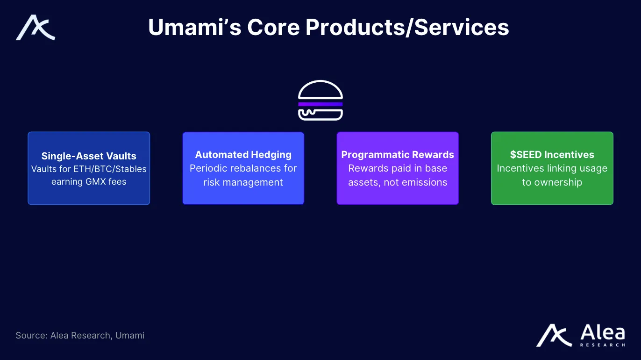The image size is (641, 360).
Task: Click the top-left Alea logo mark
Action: [35, 28]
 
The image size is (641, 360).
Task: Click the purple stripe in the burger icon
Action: [320, 104]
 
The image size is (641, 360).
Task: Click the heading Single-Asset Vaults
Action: [89, 156]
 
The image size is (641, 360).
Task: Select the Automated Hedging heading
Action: [243, 155]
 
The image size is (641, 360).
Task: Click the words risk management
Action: [243, 182]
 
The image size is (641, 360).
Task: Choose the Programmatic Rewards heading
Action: [398, 155]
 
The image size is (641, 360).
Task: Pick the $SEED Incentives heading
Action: [552, 155]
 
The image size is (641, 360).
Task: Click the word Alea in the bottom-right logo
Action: [603, 332]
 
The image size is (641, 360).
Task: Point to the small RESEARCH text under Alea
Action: [603, 345]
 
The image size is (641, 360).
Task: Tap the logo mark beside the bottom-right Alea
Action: [554, 335]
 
